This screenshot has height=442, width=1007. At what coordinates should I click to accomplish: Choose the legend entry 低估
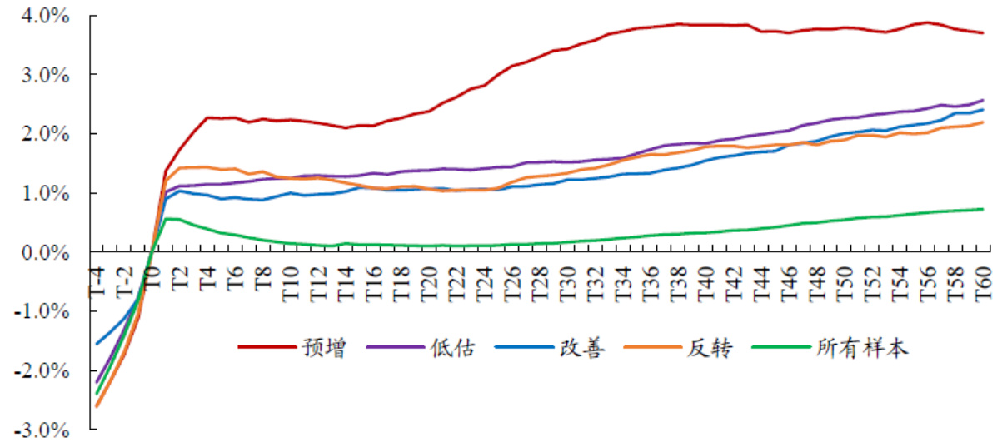452,349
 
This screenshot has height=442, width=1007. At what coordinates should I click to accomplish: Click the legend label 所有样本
863,349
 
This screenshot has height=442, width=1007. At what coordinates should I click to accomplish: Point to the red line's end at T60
984,33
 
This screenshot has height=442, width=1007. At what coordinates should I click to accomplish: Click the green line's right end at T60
984,209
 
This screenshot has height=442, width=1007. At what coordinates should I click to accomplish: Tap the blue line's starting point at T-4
97,344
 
